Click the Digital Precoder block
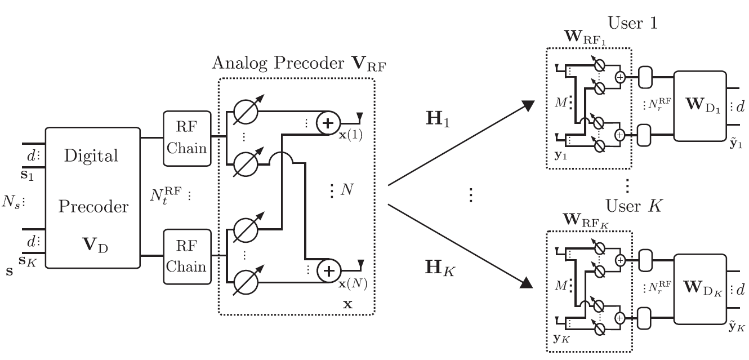(93, 197)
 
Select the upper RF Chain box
(186, 138)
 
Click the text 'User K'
(633, 206)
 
